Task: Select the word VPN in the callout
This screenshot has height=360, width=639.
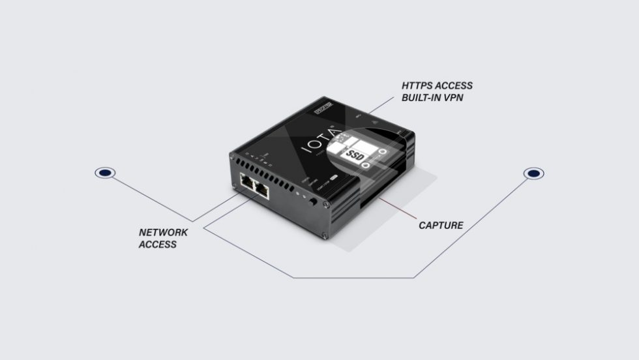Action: [x=459, y=99]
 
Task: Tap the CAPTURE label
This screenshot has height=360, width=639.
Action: [x=441, y=226]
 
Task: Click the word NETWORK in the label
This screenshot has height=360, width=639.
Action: [x=163, y=232]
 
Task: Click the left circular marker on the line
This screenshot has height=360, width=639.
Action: [x=105, y=173]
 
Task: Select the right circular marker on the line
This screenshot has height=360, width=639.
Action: [x=534, y=173]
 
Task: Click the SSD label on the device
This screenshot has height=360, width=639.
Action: [x=353, y=155]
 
